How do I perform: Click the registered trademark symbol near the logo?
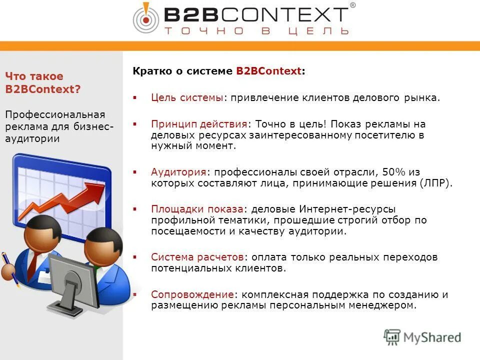(x=352, y=5)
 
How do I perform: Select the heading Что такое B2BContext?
(x=42, y=83)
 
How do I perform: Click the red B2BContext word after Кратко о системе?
(x=269, y=71)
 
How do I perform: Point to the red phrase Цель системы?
(x=187, y=97)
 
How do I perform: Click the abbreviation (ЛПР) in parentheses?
(x=435, y=183)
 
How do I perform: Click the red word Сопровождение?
(x=192, y=294)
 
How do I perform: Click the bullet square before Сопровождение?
(x=135, y=294)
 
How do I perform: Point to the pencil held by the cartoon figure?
(x=9, y=267)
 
